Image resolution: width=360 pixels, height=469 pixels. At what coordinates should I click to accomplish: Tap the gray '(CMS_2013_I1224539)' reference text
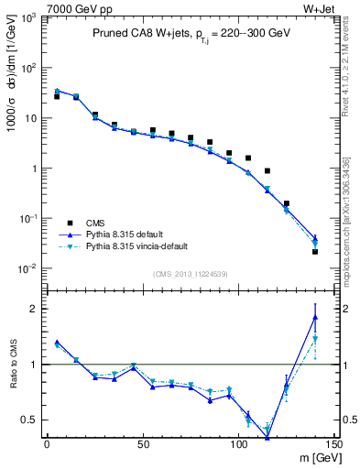click(190, 272)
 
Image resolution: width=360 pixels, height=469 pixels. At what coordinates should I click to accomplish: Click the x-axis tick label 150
click(333, 443)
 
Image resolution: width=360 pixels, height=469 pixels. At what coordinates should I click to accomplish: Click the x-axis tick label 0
click(47, 443)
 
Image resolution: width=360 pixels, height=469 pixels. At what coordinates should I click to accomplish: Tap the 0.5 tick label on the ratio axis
click(31, 420)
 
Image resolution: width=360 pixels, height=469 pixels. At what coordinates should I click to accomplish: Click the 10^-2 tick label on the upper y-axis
click(28, 268)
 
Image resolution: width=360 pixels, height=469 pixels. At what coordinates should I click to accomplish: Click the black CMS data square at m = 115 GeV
click(267, 171)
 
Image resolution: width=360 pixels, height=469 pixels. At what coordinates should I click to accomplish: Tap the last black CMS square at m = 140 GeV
click(315, 251)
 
